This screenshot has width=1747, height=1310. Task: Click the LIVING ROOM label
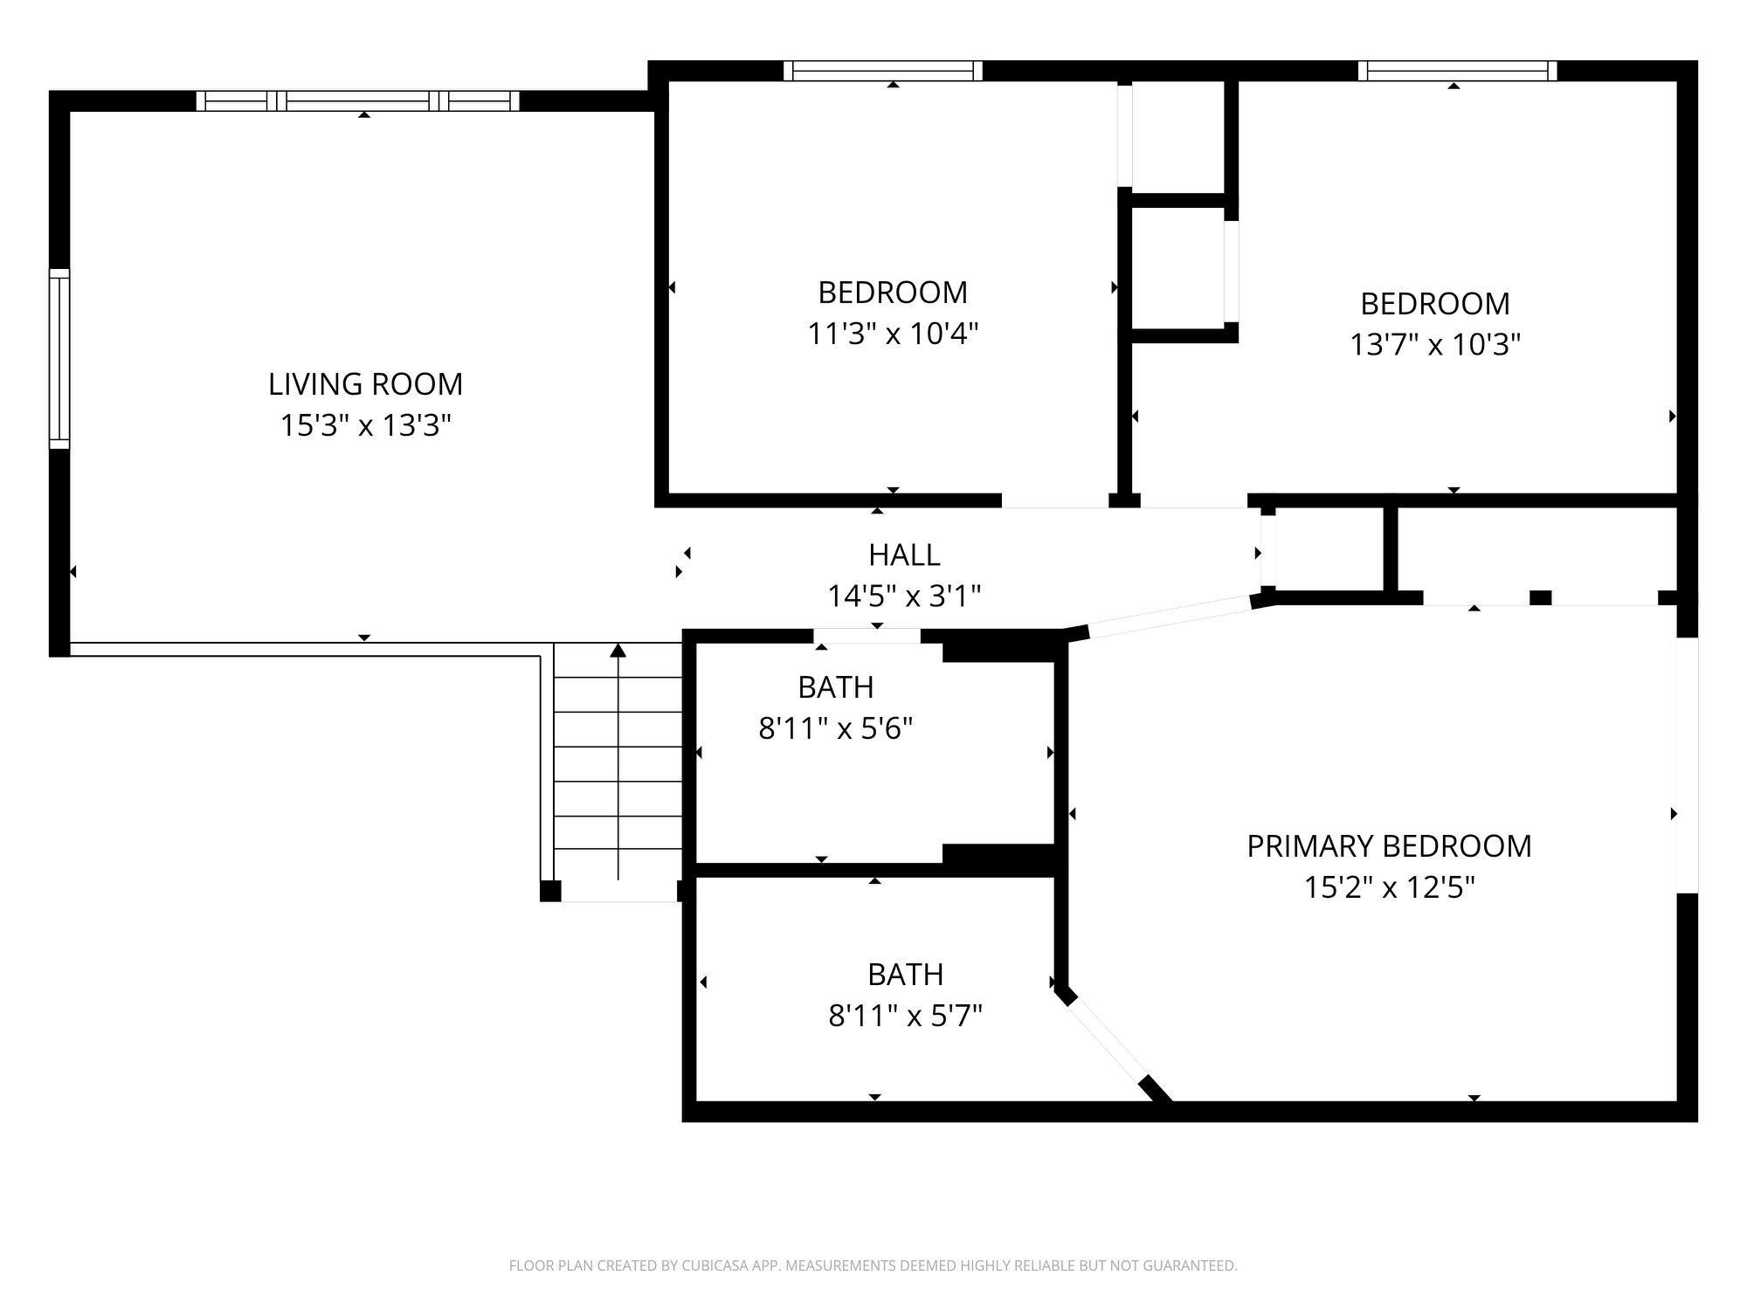coord(365,384)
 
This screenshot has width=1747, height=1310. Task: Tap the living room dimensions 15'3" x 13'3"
coord(365,426)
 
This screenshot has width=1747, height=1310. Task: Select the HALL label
coord(904,555)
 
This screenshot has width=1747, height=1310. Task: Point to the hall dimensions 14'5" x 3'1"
coord(904,596)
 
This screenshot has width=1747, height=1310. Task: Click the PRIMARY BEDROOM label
coord(1389,846)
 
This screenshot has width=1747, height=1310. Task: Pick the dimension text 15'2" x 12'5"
coord(1389,888)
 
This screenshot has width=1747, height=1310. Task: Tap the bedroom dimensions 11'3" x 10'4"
coord(893,334)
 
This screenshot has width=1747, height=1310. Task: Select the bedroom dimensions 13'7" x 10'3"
coord(1435,345)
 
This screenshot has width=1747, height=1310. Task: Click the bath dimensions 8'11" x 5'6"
coord(836,728)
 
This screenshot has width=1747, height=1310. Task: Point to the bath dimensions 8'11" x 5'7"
coord(906,1016)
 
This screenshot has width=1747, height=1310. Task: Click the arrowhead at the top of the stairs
coord(618,650)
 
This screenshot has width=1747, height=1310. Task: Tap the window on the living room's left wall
coord(59,358)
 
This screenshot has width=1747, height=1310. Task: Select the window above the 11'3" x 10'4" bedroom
coord(883,71)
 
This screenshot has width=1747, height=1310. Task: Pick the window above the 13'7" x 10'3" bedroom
coord(1457,71)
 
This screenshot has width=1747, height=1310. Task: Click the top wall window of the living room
coord(357,101)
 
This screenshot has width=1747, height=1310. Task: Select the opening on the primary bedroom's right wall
coord(1688,765)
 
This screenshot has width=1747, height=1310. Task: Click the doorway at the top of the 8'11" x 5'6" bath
coord(867,637)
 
